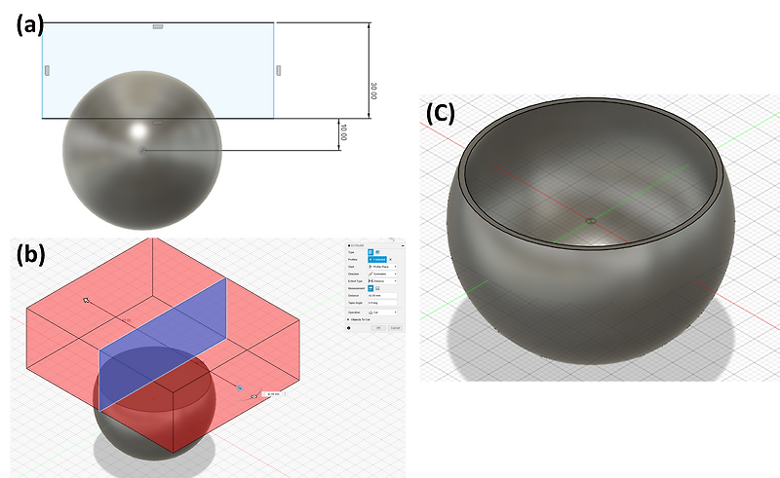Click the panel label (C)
442,113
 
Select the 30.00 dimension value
372,91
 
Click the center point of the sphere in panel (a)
142,151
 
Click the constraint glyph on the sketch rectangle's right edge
278,70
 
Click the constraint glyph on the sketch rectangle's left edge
47,70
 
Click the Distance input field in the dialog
382,295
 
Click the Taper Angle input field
382,304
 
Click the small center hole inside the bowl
592,221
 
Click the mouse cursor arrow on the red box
87,301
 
